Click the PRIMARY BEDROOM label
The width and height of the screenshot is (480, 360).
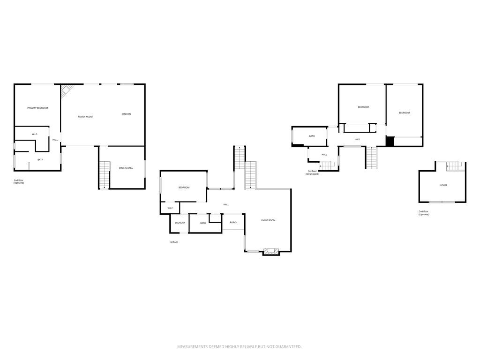click(37, 108)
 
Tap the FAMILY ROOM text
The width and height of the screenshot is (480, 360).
click(85, 116)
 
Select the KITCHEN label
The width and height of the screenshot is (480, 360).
click(126, 114)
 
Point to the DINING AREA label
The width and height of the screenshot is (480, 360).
click(126, 168)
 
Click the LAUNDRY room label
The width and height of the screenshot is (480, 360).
click(180, 223)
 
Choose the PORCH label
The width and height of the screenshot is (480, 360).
click(233, 222)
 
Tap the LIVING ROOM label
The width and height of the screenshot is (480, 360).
click(268, 220)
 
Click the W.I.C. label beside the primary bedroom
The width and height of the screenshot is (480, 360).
click(35, 135)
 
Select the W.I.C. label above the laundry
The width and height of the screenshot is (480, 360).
click(170, 208)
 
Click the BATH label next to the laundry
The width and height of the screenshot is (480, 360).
click(203, 223)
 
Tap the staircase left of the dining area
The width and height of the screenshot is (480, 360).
click(104, 174)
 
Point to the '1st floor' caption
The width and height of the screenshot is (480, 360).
click(173, 242)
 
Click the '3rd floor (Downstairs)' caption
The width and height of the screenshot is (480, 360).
click(313, 172)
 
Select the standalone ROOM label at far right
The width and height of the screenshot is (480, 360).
click(443, 185)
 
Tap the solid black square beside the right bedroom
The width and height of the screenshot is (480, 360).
click(390, 141)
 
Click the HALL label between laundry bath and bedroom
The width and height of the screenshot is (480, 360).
click(226, 204)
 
